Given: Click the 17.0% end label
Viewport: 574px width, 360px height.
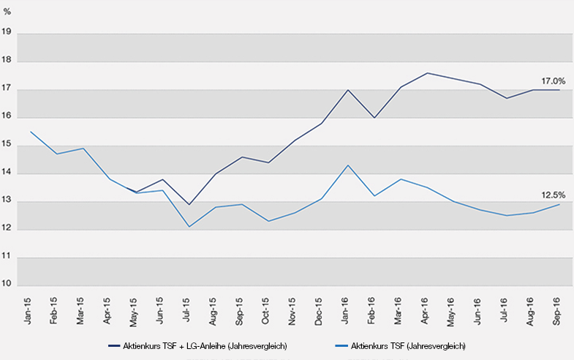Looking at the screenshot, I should coord(554,81).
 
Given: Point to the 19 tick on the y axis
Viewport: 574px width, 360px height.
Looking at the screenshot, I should coord(7,32).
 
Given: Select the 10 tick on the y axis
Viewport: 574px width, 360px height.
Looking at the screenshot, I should coord(7,285).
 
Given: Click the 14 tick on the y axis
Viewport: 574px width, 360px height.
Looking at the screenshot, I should coord(7,173).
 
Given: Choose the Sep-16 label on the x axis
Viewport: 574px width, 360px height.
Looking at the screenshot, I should coord(559,311).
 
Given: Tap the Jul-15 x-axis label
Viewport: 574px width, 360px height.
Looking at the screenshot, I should coord(189,311).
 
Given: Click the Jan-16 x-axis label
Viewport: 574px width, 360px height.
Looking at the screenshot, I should coord(347,311).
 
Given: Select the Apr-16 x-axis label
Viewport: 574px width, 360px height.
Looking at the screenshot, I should coord(427,311).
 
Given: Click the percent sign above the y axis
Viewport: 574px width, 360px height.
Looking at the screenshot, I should coord(7,12).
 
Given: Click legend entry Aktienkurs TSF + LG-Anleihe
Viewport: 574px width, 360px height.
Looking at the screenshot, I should coord(197,345).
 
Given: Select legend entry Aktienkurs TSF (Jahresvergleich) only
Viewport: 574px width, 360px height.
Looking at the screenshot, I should coord(407,345).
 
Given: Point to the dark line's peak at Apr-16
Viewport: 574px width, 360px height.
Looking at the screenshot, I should coord(427,73).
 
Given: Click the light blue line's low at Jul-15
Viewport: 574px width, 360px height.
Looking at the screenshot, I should coord(189,227).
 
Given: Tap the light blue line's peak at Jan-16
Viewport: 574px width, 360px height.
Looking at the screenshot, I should coord(348,165).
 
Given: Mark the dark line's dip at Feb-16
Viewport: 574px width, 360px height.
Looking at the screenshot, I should coord(374,118).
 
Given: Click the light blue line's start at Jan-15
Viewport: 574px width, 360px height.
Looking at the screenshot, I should coord(31,132).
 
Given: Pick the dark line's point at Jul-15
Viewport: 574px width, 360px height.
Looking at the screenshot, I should coord(189,205).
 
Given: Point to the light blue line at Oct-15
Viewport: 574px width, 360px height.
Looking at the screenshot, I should coord(268,221).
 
